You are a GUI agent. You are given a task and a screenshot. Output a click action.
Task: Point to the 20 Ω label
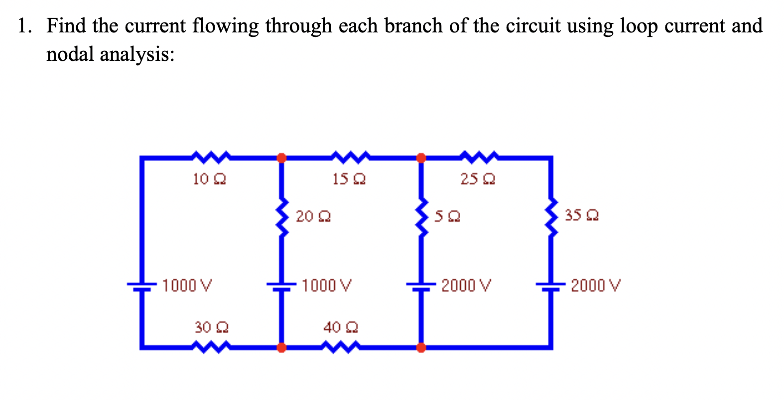click(x=313, y=216)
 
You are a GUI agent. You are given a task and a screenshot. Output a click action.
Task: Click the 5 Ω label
click(x=447, y=216)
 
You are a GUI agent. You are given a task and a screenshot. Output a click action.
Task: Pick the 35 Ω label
click(x=581, y=215)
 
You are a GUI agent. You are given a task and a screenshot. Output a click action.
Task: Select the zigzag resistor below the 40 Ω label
click(x=341, y=347)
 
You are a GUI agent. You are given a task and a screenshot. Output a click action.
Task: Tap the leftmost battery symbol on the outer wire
click(x=142, y=286)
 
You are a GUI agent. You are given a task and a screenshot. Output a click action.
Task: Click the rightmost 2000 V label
click(x=596, y=286)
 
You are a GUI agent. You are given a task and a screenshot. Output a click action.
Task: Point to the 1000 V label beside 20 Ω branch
click(x=327, y=286)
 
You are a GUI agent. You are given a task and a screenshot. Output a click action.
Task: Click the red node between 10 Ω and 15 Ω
click(x=281, y=158)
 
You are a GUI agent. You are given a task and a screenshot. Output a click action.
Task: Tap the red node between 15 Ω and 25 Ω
click(x=421, y=158)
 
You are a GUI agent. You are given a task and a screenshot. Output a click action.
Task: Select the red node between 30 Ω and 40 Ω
click(x=281, y=347)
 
